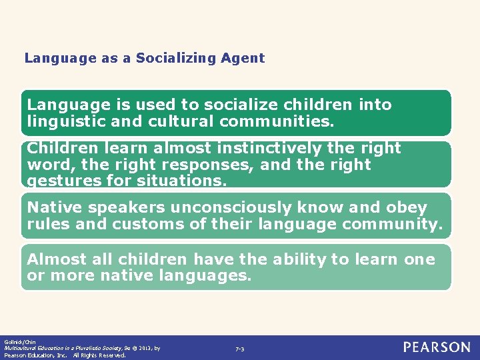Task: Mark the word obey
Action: click(x=406, y=207)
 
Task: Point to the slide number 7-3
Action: click(x=240, y=349)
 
